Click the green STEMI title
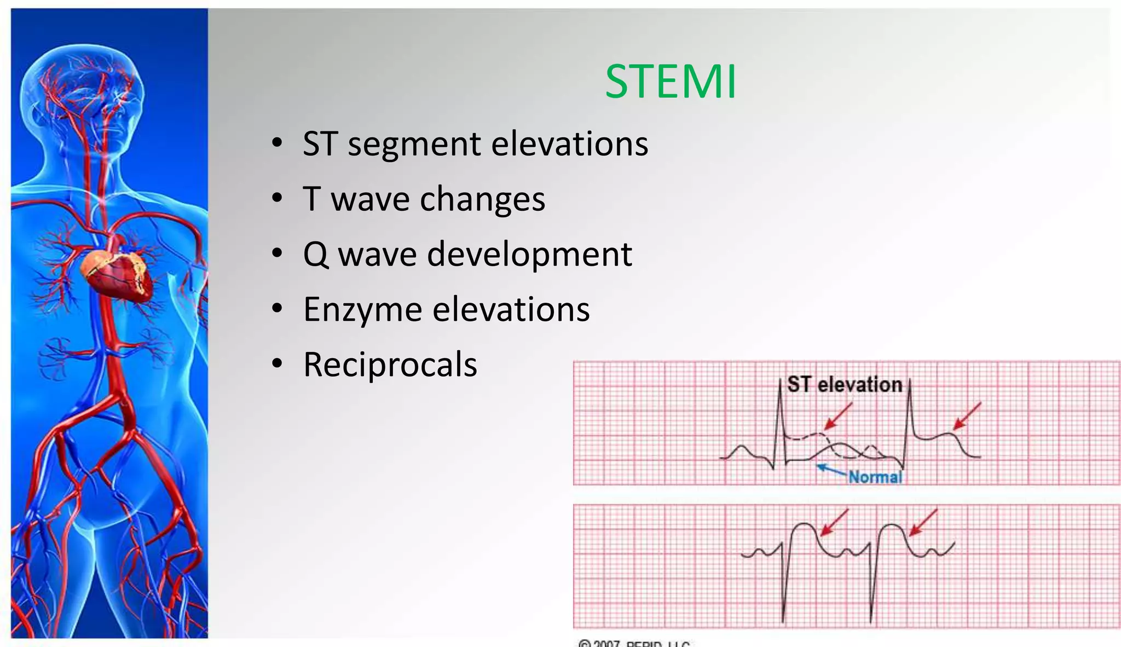(671, 82)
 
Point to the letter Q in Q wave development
(316, 255)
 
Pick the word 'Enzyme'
(362, 310)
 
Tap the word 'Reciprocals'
(390, 365)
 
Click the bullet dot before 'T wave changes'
(278, 198)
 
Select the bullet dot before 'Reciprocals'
(278, 364)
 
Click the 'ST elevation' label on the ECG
(844, 385)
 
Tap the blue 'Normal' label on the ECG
(875, 477)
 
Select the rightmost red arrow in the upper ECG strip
(967, 416)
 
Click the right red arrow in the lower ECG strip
(923, 522)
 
